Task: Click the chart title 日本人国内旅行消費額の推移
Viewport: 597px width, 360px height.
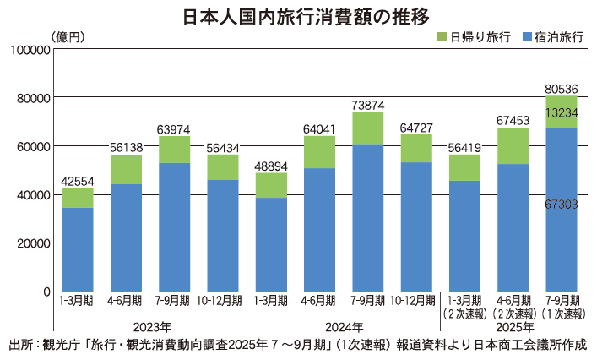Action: pos(298,16)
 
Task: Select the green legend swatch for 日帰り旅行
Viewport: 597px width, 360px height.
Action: pos(442,38)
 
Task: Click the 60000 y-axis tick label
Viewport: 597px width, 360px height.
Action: pos(27,146)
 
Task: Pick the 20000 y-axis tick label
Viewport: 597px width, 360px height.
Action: pos(27,243)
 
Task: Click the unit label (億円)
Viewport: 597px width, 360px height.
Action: pos(68,36)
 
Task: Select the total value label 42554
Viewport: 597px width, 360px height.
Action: pos(78,180)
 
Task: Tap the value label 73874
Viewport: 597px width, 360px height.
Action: pos(368,105)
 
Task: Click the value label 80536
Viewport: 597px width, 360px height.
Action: pos(562,89)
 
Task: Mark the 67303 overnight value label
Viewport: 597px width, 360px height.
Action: pos(562,205)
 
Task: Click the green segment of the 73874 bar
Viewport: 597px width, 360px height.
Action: pos(368,128)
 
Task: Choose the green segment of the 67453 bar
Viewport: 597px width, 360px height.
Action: pos(513,145)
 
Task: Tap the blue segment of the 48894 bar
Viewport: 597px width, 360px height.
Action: pos(271,245)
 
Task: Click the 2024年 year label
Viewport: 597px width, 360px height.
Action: pos(345,326)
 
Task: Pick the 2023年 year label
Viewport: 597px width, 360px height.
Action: pos(150,326)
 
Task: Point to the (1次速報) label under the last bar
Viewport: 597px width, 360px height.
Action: pos(562,313)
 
